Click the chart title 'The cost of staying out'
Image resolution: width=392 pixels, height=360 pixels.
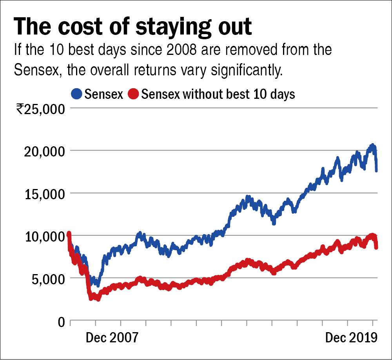point(132,27)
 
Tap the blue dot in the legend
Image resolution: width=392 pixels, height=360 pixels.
point(77,94)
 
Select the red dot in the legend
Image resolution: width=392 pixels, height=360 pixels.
point(134,94)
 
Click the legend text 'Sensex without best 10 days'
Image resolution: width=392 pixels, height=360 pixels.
point(218,94)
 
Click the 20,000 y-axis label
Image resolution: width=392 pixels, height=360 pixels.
point(44,151)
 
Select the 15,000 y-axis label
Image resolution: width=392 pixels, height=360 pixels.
point(44,194)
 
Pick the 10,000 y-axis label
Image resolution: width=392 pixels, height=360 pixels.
point(44,236)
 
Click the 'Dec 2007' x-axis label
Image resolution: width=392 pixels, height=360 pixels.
point(112,338)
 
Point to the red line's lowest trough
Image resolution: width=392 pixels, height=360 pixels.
point(98,299)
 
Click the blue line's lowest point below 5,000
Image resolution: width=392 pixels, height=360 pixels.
point(98,285)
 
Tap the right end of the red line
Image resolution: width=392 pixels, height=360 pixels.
point(376,247)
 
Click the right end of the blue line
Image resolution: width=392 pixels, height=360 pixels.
point(377,170)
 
